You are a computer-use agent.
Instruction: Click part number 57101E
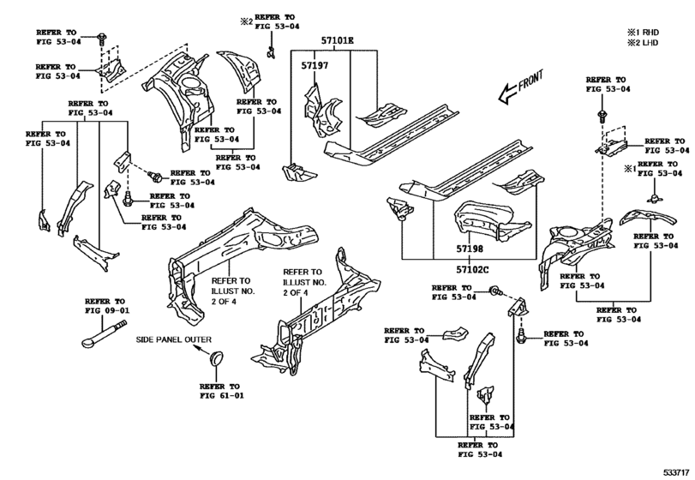coord(338,41)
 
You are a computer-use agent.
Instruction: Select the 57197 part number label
coord(315,66)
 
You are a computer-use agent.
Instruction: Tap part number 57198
coord(470,249)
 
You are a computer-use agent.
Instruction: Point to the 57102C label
coord(472,269)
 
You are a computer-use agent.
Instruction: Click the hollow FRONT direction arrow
coord(507,94)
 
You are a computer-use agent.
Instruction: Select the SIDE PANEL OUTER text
coord(173,339)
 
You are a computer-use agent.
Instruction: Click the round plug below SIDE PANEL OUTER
coord(216,358)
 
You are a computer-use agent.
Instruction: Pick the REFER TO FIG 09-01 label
coord(107,306)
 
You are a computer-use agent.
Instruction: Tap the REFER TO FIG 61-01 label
coord(222,391)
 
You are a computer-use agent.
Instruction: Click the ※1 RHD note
coord(643,33)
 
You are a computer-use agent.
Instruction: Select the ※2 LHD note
coord(643,43)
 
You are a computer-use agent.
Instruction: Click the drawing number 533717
coord(676,472)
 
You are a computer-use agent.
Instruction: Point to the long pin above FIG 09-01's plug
coord(105,333)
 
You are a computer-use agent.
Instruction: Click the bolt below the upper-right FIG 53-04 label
coord(602,116)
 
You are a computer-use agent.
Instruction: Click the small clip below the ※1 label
coord(653,197)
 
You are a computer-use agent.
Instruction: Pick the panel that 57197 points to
coord(323,112)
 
